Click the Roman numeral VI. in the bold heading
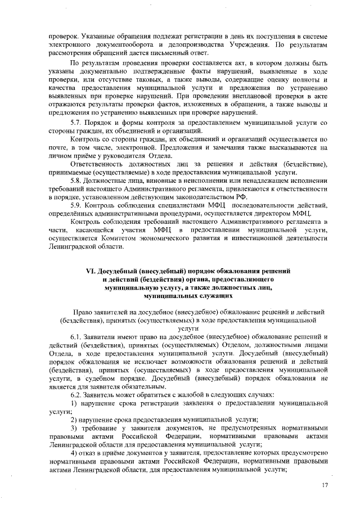tap(92, 271)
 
